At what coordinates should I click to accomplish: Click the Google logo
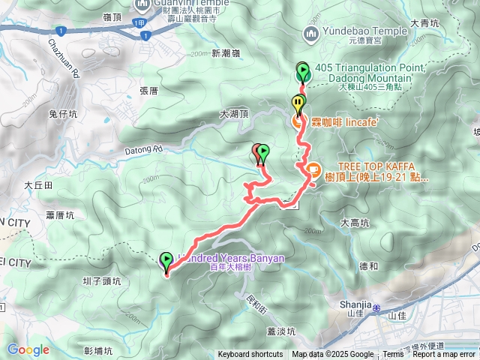(x=28, y=349)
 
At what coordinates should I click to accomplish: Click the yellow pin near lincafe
(x=298, y=103)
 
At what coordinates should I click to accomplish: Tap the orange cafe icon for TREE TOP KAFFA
(x=312, y=172)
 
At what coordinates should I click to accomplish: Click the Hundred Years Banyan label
(x=229, y=258)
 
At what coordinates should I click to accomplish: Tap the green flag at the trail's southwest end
(x=166, y=261)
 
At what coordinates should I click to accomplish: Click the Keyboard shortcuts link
(x=250, y=355)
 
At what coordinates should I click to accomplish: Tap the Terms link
(x=393, y=355)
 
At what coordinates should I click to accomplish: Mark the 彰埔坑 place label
(x=97, y=350)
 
